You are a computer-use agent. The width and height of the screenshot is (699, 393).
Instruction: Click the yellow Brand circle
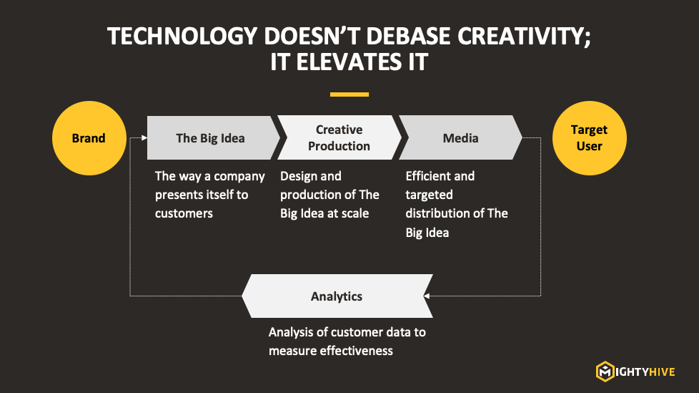point(89,138)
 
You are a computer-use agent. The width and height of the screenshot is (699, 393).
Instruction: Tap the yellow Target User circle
point(590,138)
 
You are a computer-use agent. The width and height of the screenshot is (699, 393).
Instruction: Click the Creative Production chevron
point(339,137)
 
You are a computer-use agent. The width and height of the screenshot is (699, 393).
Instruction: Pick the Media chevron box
point(460,137)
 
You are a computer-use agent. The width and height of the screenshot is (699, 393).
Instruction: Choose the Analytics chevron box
point(337,296)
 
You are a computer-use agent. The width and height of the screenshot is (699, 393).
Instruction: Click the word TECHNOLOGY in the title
point(182,37)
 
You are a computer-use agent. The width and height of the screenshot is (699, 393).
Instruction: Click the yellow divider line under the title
point(349,94)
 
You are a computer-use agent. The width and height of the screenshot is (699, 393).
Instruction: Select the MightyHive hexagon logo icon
point(605,372)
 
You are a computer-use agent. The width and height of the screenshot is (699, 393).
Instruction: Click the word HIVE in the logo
point(662,372)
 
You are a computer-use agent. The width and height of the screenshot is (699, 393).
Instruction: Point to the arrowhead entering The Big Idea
point(144,137)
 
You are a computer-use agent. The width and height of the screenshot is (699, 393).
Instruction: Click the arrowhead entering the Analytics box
point(426,296)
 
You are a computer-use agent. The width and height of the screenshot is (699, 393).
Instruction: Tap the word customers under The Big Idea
point(184,214)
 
